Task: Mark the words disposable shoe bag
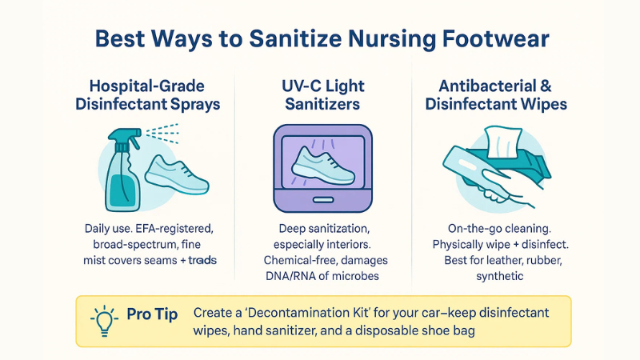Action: tap(432, 330)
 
